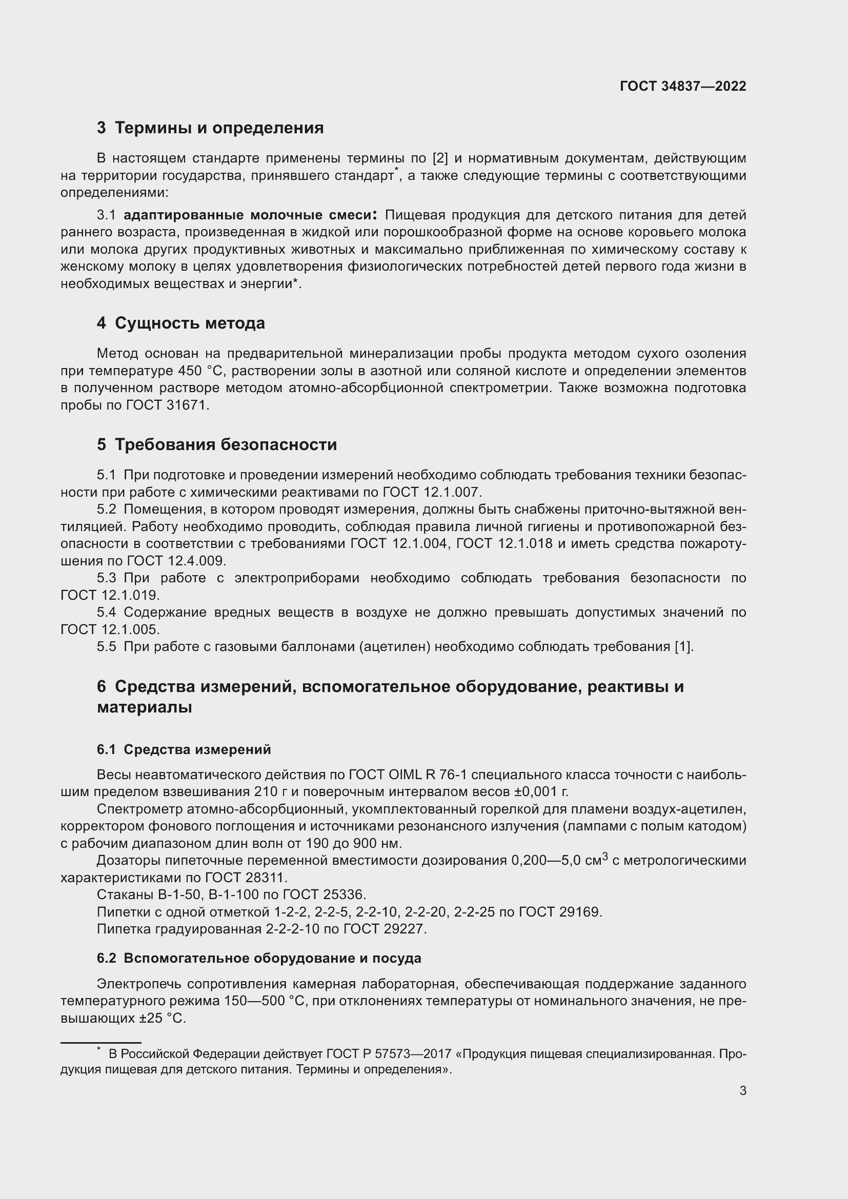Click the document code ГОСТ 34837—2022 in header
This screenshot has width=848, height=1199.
pyautogui.click(x=682, y=86)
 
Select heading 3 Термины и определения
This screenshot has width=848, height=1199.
pyautogui.click(x=210, y=128)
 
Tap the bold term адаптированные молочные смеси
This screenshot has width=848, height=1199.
pyautogui.click(x=250, y=215)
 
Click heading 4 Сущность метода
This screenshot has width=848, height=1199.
pyautogui.click(x=180, y=323)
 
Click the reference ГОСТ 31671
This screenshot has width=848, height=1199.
pyautogui.click(x=167, y=405)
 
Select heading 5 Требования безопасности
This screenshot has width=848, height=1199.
pyautogui.click(x=217, y=444)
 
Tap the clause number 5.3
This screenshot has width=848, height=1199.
pyautogui.click(x=107, y=578)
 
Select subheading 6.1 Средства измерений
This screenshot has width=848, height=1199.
pyautogui.click(x=184, y=749)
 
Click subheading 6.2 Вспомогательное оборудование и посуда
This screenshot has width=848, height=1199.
pyautogui.click(x=258, y=958)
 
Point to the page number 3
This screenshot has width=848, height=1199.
pyautogui.click(x=742, y=1091)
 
